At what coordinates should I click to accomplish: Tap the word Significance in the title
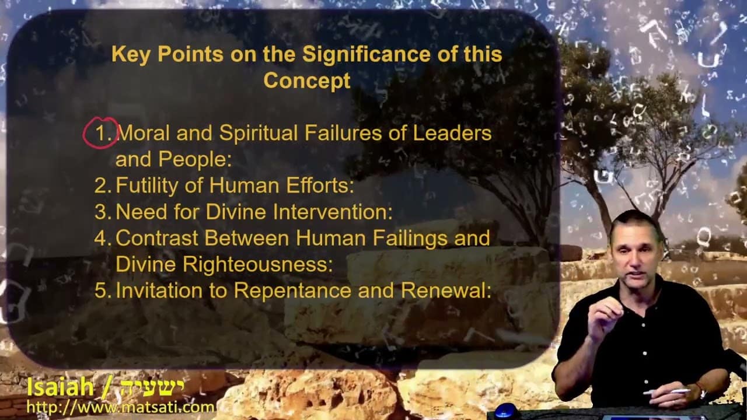click(366, 54)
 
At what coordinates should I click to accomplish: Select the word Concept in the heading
click(307, 80)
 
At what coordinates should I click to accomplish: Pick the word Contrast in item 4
click(158, 238)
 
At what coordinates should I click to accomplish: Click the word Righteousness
click(257, 265)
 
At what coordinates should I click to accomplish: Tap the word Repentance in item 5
click(292, 291)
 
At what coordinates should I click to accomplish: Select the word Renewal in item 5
click(446, 290)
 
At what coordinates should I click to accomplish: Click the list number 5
click(102, 290)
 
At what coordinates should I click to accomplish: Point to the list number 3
click(102, 212)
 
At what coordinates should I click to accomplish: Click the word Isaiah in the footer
click(60, 387)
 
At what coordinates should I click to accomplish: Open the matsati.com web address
click(120, 407)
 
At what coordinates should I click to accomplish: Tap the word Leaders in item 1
click(452, 133)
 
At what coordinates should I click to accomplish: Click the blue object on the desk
click(505, 411)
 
